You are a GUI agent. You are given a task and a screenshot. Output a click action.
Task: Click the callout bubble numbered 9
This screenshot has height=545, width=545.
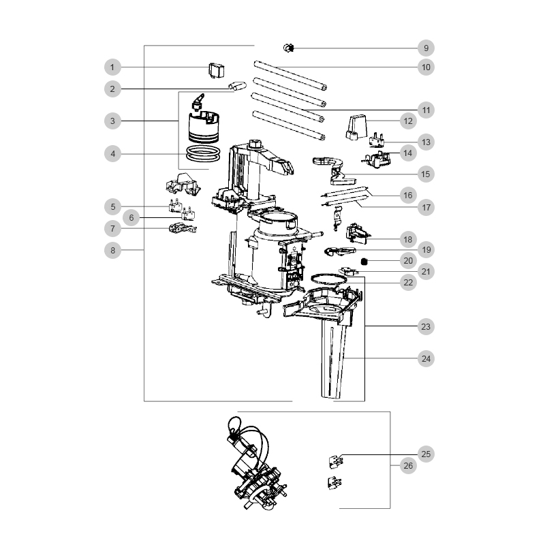(x=426, y=48)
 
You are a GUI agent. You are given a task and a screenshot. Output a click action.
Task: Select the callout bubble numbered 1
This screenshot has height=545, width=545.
(x=112, y=67)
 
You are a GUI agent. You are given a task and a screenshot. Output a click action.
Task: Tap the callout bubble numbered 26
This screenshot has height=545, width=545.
(x=408, y=466)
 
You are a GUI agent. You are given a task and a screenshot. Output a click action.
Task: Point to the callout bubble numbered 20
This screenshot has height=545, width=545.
(x=408, y=261)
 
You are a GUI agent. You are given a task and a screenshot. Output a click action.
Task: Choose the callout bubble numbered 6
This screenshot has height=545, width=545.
(x=131, y=217)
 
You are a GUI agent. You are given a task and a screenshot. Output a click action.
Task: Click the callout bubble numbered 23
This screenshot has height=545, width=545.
(x=426, y=327)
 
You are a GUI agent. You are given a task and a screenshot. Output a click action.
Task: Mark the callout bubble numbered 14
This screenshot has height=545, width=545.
(x=408, y=153)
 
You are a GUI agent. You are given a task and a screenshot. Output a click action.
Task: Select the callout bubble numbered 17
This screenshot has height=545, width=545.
(x=426, y=208)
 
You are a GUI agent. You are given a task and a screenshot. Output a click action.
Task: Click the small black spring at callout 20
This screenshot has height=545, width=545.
(x=364, y=262)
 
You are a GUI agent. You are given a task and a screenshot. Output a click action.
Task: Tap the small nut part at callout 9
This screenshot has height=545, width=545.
(x=288, y=48)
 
